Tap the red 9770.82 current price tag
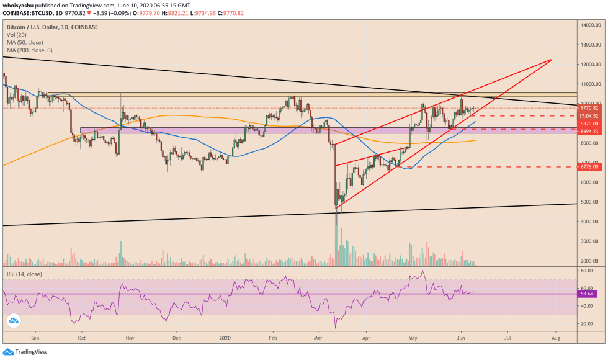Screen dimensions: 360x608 (589, 107)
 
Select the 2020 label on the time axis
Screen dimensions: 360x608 (224, 340)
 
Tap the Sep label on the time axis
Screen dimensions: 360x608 (35, 340)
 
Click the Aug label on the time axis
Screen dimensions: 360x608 (555, 340)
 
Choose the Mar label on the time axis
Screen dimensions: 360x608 (318, 340)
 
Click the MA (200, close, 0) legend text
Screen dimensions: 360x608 (29, 50)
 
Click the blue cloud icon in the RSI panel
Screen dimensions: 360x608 (13, 320)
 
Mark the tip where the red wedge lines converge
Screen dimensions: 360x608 (551, 60)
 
